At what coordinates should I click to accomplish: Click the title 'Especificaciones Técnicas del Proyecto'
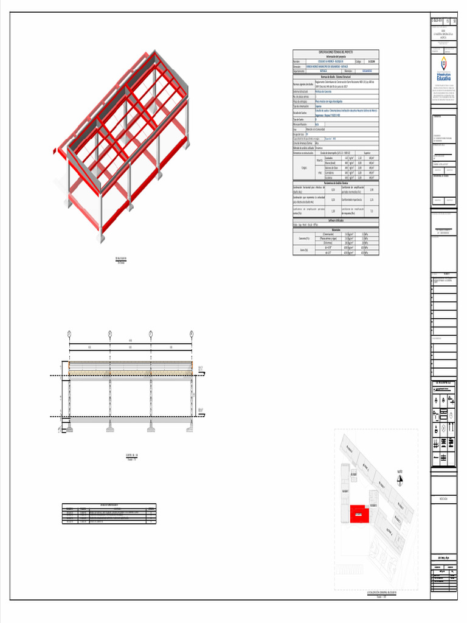click(336, 52)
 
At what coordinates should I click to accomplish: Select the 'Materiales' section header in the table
click(336, 229)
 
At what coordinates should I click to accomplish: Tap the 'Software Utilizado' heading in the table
click(336, 220)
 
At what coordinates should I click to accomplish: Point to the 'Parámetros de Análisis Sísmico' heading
click(336, 182)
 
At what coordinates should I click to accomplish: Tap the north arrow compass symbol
click(400, 480)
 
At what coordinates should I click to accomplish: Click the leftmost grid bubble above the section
click(69, 334)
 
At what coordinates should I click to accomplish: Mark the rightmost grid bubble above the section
click(191, 334)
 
